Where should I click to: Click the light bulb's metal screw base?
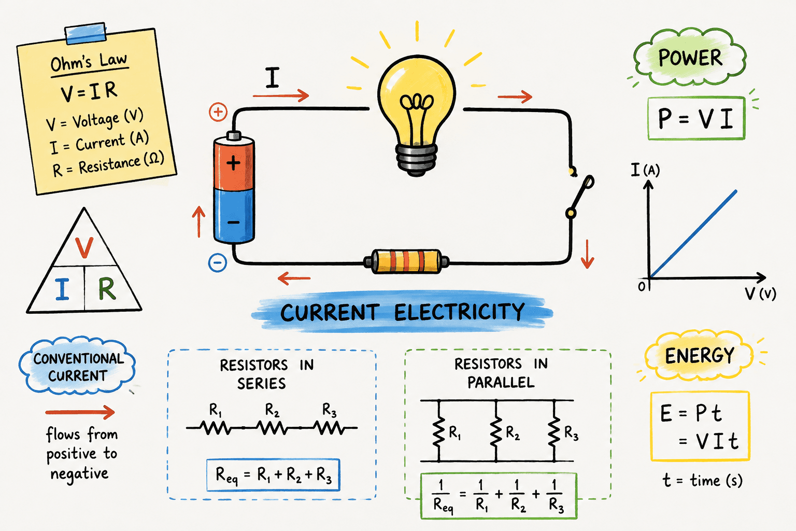416,160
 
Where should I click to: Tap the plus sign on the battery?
234,163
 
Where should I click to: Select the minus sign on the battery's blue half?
234,222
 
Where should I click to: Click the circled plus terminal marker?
218,112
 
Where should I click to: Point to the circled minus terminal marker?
218,263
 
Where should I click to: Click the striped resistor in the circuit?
406,261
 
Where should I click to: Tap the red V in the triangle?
84,247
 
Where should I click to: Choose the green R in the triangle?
107,288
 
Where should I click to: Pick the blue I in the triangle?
62,289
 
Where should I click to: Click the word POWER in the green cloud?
690,58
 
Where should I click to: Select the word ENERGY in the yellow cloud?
699,355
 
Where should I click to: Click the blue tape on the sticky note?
86,33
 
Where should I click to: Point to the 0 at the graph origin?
642,286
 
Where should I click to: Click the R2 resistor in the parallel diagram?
496,431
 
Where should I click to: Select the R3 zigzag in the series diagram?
331,427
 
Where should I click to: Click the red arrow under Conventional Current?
80,412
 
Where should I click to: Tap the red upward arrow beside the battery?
198,221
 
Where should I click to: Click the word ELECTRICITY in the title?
460,312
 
